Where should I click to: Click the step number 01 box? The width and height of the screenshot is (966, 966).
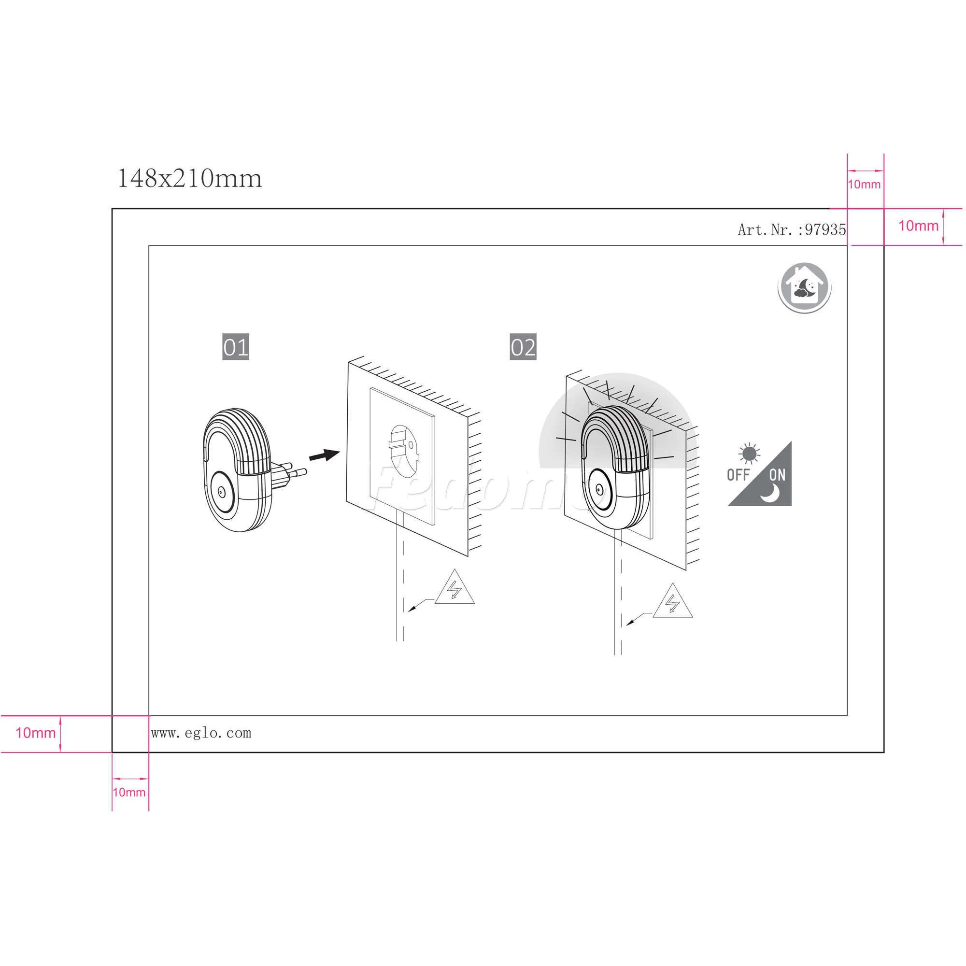tap(236, 347)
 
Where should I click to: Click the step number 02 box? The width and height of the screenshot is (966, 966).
tap(523, 347)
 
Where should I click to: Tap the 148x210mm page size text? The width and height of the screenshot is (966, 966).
tap(189, 179)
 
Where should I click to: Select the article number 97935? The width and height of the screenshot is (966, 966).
tap(825, 229)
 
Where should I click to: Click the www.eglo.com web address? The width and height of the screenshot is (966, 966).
tap(201, 733)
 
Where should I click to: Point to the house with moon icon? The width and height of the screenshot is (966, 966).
tap(804, 288)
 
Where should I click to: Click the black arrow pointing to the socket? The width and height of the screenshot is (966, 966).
tap(325, 455)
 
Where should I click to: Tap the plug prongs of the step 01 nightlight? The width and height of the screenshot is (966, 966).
tap(288, 470)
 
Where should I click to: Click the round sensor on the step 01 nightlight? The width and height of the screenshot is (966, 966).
tap(223, 492)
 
